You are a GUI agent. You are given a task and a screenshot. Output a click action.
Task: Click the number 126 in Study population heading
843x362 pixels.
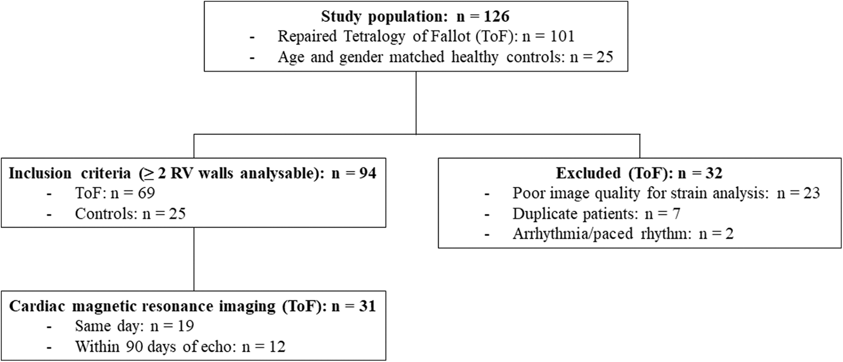tap(496, 16)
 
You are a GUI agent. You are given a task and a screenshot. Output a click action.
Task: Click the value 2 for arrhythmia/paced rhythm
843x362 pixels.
tap(729, 233)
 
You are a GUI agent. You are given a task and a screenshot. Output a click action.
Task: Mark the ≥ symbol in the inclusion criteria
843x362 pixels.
tap(149, 174)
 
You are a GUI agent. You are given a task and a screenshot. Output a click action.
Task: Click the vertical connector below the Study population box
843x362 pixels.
tap(416, 103)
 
